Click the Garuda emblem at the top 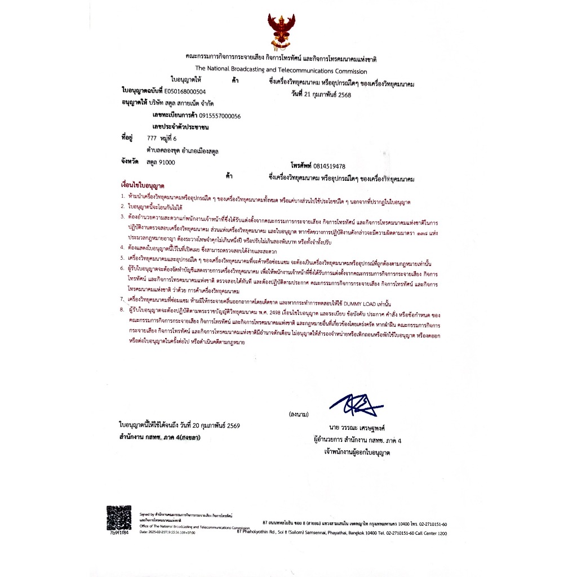[280, 33]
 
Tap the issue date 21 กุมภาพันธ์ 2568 [329, 95]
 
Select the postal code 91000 [168, 162]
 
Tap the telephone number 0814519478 [326, 166]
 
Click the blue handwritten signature [356, 403]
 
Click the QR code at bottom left [119, 518]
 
